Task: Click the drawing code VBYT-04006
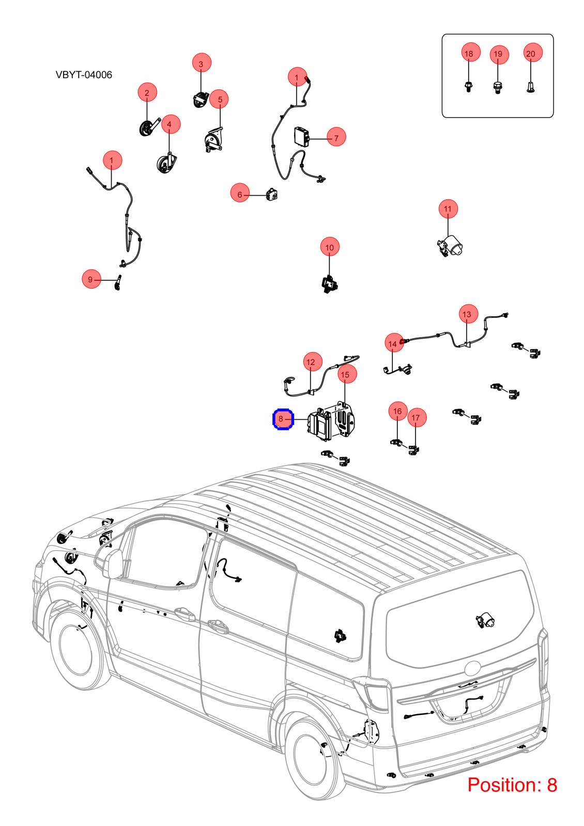(84, 75)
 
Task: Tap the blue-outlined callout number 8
(283, 419)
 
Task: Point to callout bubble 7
(336, 137)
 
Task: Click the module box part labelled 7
(301, 136)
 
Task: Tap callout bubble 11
(448, 209)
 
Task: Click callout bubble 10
(330, 247)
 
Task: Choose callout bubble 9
(91, 279)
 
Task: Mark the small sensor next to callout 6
(271, 194)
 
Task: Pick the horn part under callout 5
(213, 140)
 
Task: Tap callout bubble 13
(468, 314)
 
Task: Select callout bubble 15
(347, 374)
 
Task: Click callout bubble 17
(417, 417)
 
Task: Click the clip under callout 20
(530, 87)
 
